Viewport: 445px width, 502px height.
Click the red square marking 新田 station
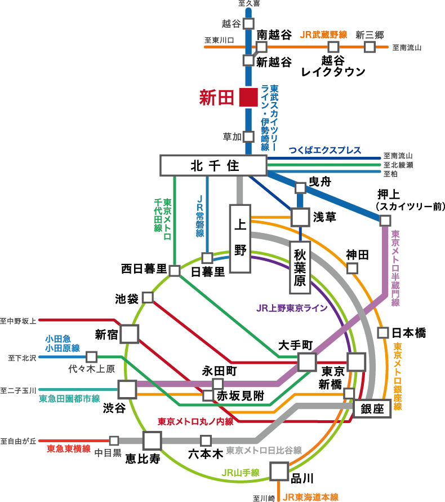tap(248, 97)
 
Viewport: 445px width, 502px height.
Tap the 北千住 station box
tap(213, 165)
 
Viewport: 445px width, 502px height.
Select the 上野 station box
tap(240, 239)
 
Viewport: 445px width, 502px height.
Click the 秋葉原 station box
tap(300, 268)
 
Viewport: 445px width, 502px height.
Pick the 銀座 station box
tap(372, 409)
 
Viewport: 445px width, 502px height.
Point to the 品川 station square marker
tap(279, 471)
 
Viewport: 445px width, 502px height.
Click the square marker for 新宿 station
tap(130, 333)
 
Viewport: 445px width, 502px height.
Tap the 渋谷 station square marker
tap(127, 389)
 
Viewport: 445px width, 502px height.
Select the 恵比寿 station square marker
tap(152, 441)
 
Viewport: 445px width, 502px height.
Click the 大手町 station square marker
tap(307, 362)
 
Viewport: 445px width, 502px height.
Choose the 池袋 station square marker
tap(148, 297)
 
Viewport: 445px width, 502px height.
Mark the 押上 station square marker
tap(385, 220)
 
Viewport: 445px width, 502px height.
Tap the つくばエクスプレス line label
tap(324, 151)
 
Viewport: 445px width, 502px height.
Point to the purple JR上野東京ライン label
tap(292, 309)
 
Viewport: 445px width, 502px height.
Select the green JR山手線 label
tap(241, 473)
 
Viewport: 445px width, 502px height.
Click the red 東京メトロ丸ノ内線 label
tap(195, 421)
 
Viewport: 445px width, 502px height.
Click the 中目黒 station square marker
tap(114, 441)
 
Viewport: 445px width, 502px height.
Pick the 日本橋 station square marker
tap(383, 332)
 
